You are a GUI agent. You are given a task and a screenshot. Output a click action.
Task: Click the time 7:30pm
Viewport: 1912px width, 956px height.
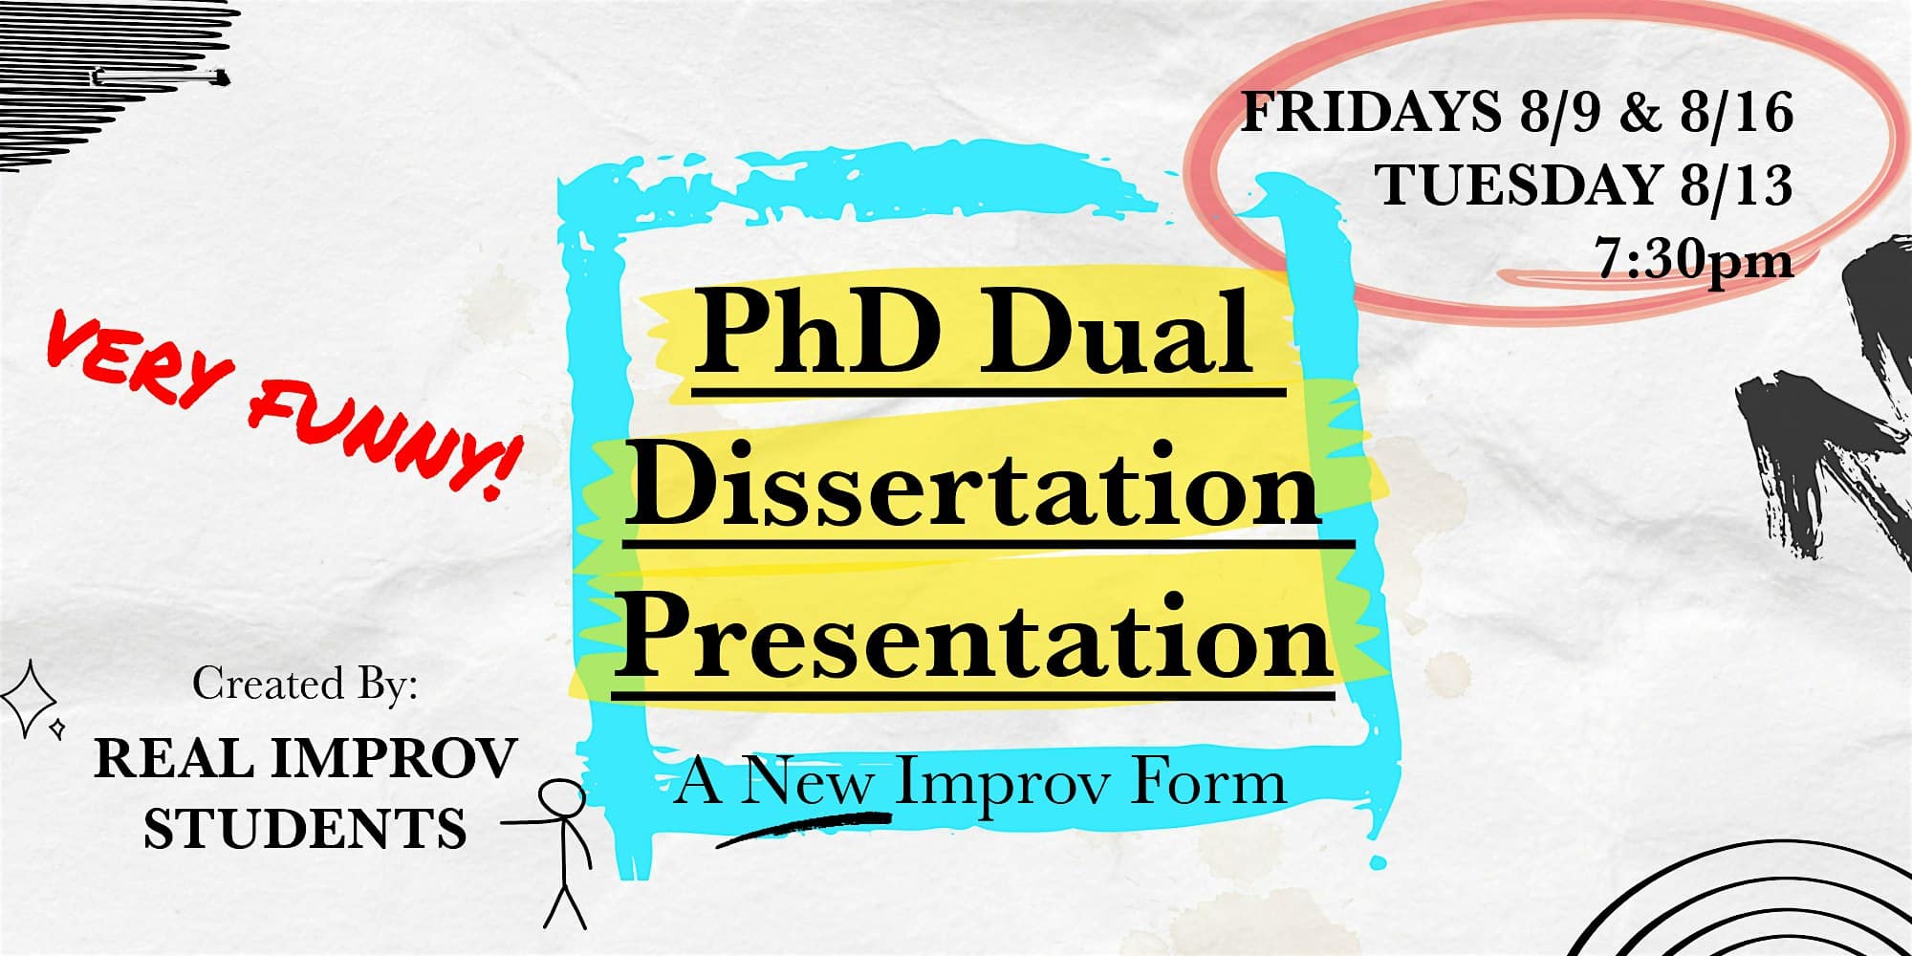pos(1693,257)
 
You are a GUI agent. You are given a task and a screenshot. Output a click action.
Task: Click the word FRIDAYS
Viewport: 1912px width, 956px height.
pos(1371,113)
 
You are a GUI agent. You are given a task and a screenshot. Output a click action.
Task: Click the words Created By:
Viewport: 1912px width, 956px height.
pos(306,684)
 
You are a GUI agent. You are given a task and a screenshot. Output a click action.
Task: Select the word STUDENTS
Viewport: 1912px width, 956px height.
pos(305,828)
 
